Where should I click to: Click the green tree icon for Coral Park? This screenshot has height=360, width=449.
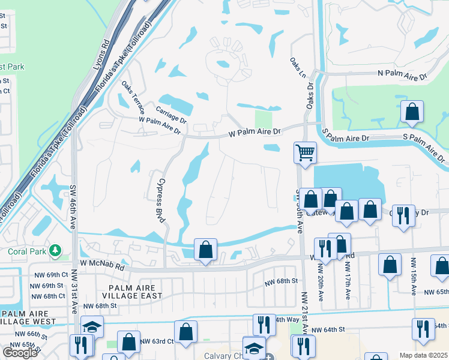tap(55, 249)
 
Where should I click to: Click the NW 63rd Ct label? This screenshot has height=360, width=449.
tap(157, 341)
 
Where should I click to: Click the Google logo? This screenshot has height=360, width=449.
tap(20, 353)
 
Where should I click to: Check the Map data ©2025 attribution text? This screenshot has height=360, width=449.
tap(423, 355)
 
